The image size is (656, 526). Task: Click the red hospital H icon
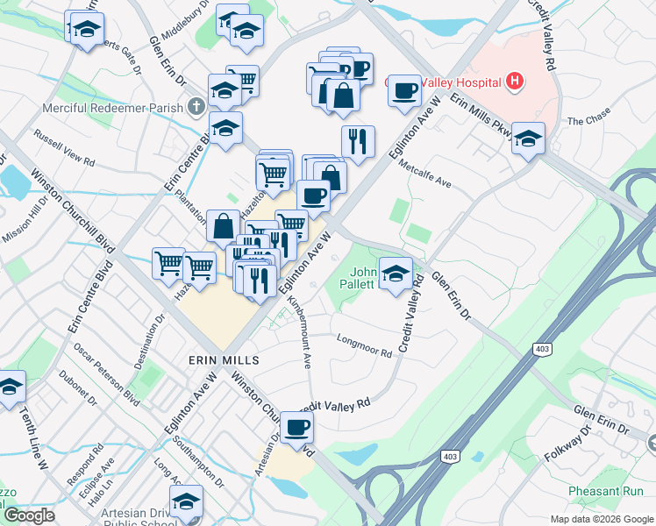tap(515, 82)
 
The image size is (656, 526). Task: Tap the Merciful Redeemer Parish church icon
tap(197, 109)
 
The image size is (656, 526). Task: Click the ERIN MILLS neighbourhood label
tap(225, 360)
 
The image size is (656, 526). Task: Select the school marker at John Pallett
tap(396, 273)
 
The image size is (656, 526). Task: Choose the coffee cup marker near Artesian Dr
tap(297, 428)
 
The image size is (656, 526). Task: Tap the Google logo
tap(29, 515)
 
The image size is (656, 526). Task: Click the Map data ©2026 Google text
tap(601, 519)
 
